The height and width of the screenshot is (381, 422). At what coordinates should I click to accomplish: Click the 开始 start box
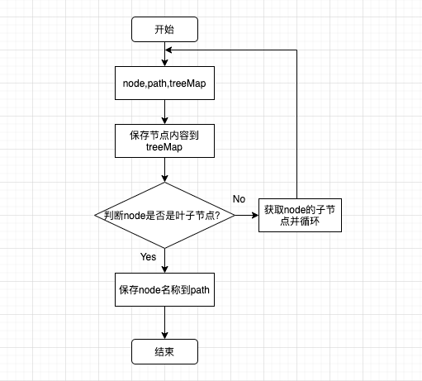click(x=165, y=30)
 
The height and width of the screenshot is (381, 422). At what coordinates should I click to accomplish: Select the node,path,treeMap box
click(x=165, y=83)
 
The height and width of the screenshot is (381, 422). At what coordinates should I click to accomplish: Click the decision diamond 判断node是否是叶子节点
click(x=165, y=215)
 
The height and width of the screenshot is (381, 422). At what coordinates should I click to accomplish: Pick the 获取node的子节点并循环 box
click(x=300, y=215)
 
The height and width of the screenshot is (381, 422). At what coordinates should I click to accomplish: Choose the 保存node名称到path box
click(x=165, y=289)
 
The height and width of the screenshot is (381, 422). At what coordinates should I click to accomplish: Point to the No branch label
click(x=239, y=199)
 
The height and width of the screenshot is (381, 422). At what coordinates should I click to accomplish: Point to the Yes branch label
click(x=149, y=257)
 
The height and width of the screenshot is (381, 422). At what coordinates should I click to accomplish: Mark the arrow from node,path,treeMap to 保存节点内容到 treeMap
click(x=165, y=112)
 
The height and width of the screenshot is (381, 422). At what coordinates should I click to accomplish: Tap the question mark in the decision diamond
click(x=229, y=215)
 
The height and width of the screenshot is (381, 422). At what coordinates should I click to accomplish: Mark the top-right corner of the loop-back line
click(x=295, y=50)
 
